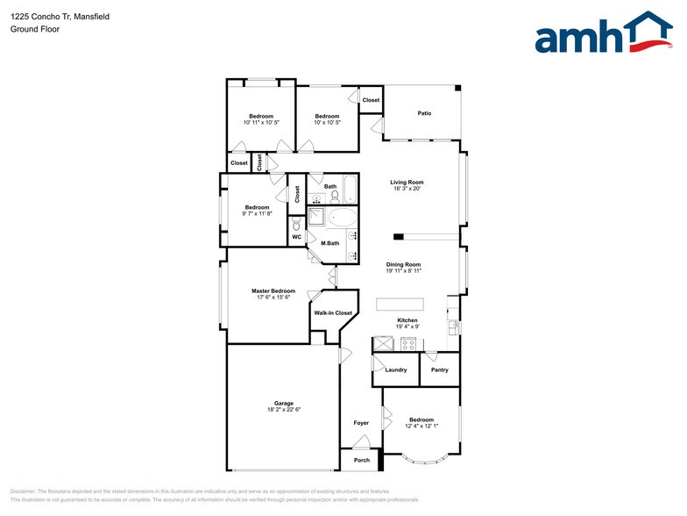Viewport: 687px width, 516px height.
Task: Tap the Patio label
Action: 424,113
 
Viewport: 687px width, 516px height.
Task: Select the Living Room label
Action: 407,182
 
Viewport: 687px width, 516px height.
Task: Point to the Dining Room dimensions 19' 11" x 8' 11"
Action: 404,271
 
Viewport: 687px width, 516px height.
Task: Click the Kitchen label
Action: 407,319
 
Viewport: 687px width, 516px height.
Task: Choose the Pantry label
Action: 440,369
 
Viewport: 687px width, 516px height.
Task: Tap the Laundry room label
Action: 396,369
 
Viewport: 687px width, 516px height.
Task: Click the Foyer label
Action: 361,423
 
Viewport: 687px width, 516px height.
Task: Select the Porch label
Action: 361,460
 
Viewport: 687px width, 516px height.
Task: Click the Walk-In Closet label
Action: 333,312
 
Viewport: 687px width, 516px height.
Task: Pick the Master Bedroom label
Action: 273,290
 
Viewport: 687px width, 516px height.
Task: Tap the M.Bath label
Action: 329,243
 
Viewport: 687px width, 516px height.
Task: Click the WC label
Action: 297,236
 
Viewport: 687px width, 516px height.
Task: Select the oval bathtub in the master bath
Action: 343,218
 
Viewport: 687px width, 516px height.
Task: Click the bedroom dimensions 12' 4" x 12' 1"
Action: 421,426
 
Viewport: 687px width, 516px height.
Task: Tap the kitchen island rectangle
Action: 400,304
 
